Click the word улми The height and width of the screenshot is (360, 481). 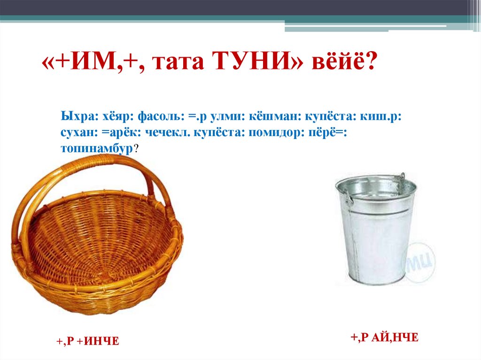click(223, 116)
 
